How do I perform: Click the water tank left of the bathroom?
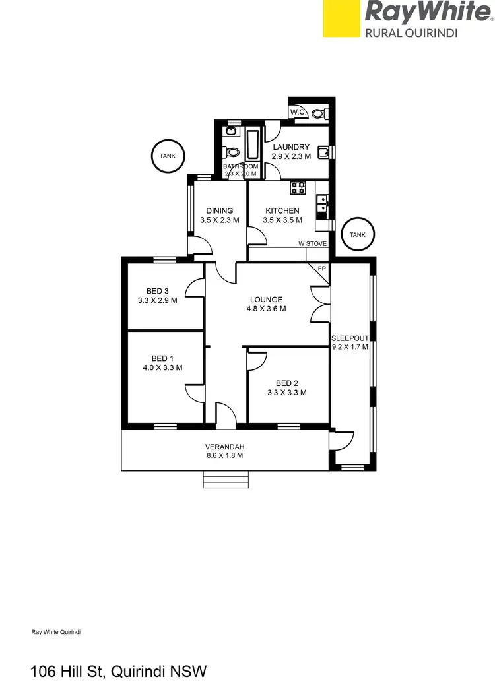coord(167,156)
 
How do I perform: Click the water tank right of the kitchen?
coord(357,235)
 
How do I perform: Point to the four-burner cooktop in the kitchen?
coord(298,187)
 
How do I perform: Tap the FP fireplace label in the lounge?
coord(322,269)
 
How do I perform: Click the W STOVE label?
coord(312,243)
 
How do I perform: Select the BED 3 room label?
coord(158,291)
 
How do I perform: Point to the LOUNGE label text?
coord(266,299)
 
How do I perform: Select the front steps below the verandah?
coord(226,480)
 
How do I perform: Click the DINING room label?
coord(219,211)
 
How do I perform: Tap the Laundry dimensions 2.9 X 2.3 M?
coord(291,157)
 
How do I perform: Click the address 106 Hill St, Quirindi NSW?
coord(119,672)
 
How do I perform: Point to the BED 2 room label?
coord(287,383)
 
